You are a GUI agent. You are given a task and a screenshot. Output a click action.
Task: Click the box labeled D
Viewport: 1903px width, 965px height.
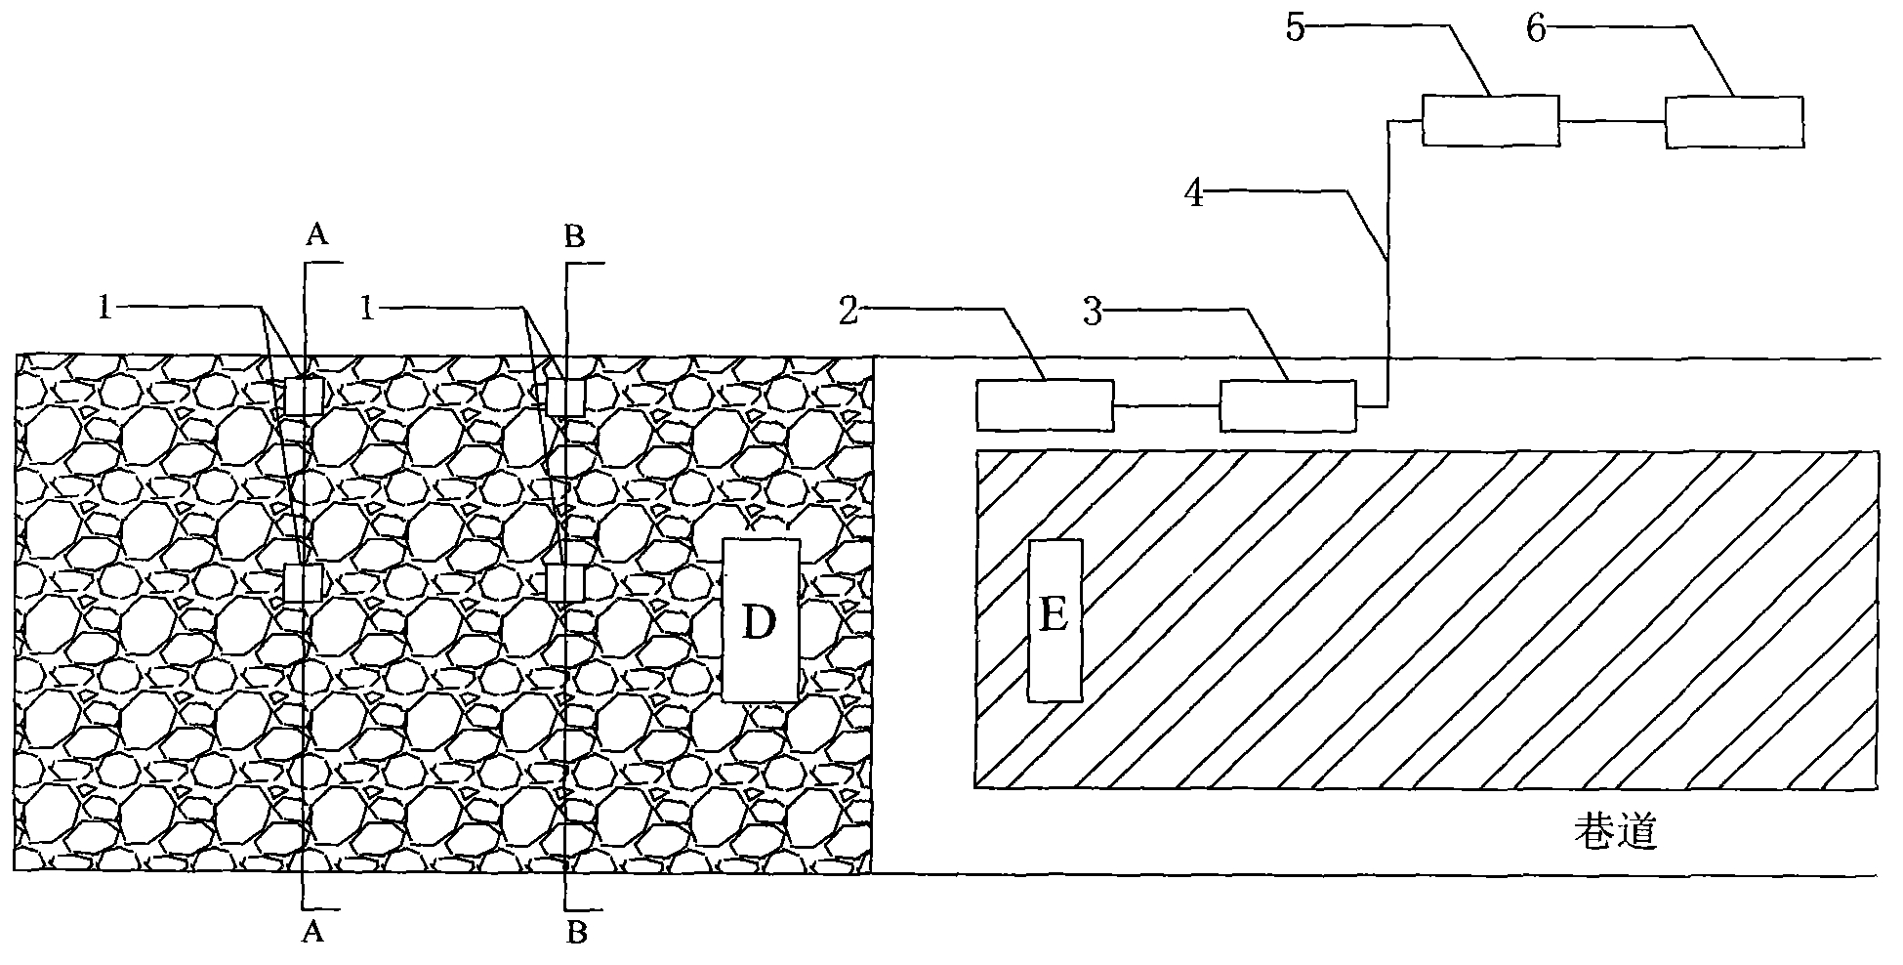click(x=761, y=620)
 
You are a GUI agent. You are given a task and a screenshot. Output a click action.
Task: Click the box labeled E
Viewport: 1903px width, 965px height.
click(x=1055, y=619)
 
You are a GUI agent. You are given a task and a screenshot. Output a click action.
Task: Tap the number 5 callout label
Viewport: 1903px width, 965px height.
click(x=1295, y=28)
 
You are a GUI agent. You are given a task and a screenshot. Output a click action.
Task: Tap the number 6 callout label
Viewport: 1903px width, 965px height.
click(x=1536, y=28)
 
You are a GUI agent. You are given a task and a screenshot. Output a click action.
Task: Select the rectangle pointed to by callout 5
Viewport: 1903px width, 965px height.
click(x=1490, y=120)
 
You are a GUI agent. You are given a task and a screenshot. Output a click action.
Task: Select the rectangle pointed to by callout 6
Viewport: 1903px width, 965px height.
click(x=1734, y=121)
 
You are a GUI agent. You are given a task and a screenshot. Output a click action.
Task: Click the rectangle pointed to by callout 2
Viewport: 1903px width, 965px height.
click(x=1045, y=405)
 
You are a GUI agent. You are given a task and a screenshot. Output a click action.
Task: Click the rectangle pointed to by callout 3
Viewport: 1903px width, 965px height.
click(x=1288, y=405)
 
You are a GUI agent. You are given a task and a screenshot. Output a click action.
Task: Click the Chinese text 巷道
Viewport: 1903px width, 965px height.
click(x=1617, y=833)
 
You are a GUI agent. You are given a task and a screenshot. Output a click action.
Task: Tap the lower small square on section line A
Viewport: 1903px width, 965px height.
click(x=304, y=583)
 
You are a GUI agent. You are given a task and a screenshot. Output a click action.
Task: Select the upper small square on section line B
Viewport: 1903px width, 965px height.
click(x=565, y=398)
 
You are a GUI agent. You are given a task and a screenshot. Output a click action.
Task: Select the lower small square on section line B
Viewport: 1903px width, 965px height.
click(x=565, y=583)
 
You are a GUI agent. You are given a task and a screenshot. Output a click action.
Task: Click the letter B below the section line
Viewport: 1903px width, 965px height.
click(x=578, y=933)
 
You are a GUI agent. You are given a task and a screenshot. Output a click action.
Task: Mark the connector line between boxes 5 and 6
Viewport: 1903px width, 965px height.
click(x=1612, y=121)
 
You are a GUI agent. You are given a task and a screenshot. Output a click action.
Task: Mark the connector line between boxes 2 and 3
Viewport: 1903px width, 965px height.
click(x=1167, y=405)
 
